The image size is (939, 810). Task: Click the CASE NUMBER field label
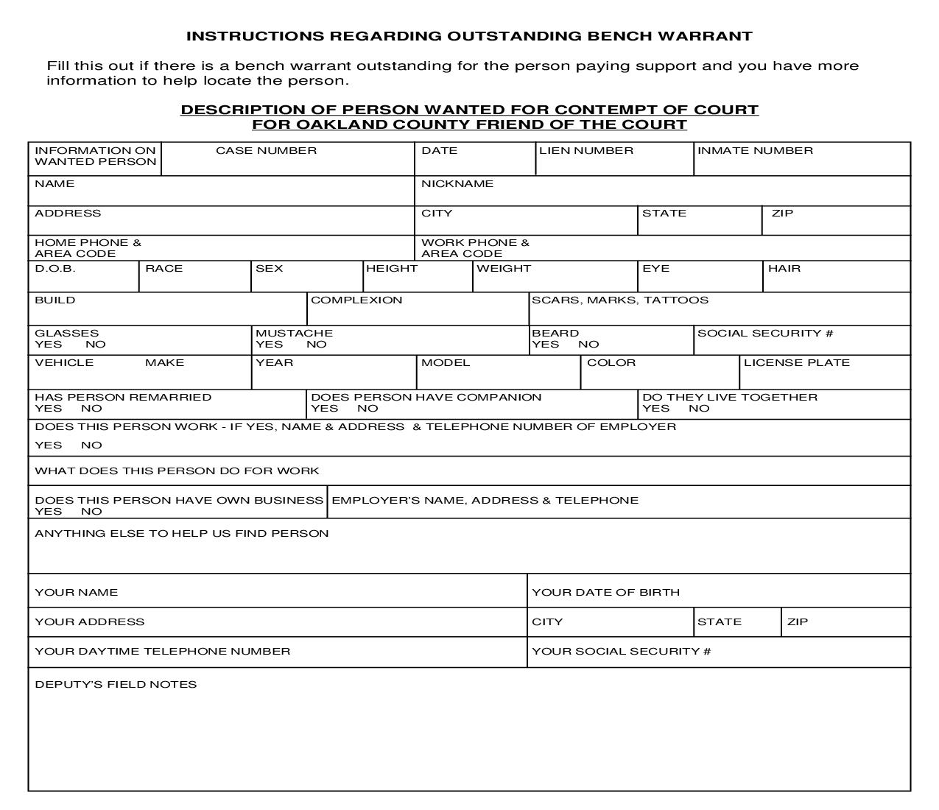(266, 151)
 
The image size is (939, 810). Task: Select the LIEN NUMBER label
(585, 151)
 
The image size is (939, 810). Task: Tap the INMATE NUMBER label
(755, 151)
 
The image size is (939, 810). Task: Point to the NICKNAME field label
(457, 184)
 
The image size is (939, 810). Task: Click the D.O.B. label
(54, 269)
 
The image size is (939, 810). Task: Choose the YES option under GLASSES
(48, 345)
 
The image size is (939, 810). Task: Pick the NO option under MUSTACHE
(316, 345)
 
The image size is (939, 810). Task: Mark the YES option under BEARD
(545, 345)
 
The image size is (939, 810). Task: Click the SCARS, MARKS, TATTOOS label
(619, 300)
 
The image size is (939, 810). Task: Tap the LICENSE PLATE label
(796, 363)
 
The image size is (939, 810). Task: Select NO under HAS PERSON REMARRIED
(91, 409)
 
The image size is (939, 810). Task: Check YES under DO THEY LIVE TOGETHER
(655, 409)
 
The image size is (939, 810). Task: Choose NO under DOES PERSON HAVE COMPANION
(367, 409)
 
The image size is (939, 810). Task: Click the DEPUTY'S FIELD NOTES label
(116, 685)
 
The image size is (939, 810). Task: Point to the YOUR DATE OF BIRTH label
(605, 593)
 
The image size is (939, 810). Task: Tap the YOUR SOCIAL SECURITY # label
(621, 652)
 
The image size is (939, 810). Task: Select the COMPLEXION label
(356, 300)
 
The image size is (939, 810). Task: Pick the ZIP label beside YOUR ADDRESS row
(797, 622)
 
